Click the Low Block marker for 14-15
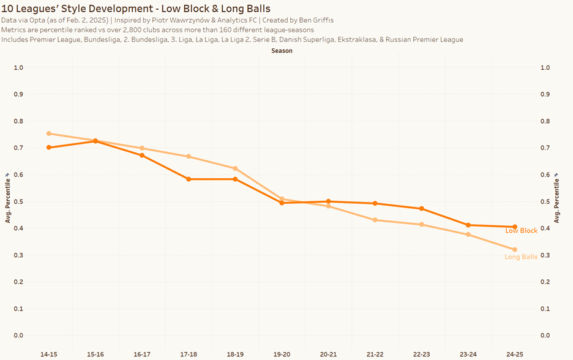[x=49, y=148]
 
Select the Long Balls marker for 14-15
[x=49, y=133]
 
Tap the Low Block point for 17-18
[x=189, y=179]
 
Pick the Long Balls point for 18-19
[x=235, y=168]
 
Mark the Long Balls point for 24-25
[x=514, y=250]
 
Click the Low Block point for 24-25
[x=514, y=227]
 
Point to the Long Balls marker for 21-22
[x=375, y=220]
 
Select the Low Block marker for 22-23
[x=421, y=209]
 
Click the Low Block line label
[x=521, y=231]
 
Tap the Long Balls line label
[x=521, y=257]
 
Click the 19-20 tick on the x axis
[x=282, y=354]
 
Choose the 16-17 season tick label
[x=142, y=354]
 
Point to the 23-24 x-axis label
[x=468, y=354]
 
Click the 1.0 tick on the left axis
[x=18, y=67]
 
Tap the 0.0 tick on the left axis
[x=18, y=336]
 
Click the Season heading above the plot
[x=282, y=51]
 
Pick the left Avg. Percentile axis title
[x=8, y=197]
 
